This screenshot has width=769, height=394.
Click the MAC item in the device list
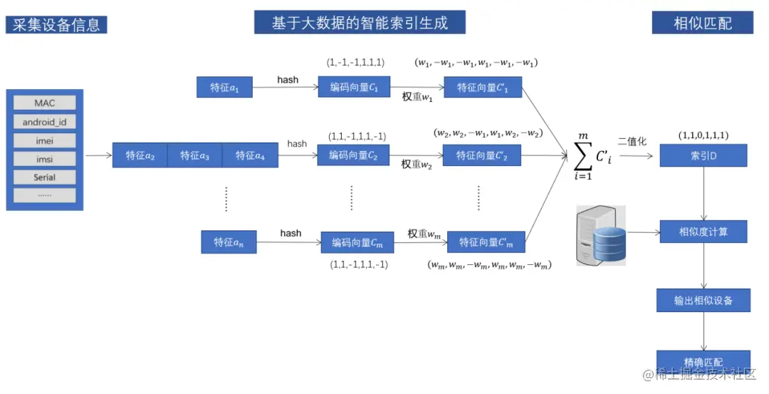44,103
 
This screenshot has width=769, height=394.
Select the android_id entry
44,122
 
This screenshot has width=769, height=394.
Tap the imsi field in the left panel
44,159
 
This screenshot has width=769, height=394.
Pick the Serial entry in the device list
44,177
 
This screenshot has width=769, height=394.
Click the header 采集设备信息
56,25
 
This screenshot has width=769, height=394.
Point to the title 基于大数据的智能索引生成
360,23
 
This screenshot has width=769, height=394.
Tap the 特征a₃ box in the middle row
194,155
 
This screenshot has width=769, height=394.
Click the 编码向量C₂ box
353,155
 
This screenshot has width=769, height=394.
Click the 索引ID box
703,155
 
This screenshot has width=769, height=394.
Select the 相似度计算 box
703,232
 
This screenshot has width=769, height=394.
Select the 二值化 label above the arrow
632,142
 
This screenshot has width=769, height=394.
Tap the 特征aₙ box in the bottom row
229,242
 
